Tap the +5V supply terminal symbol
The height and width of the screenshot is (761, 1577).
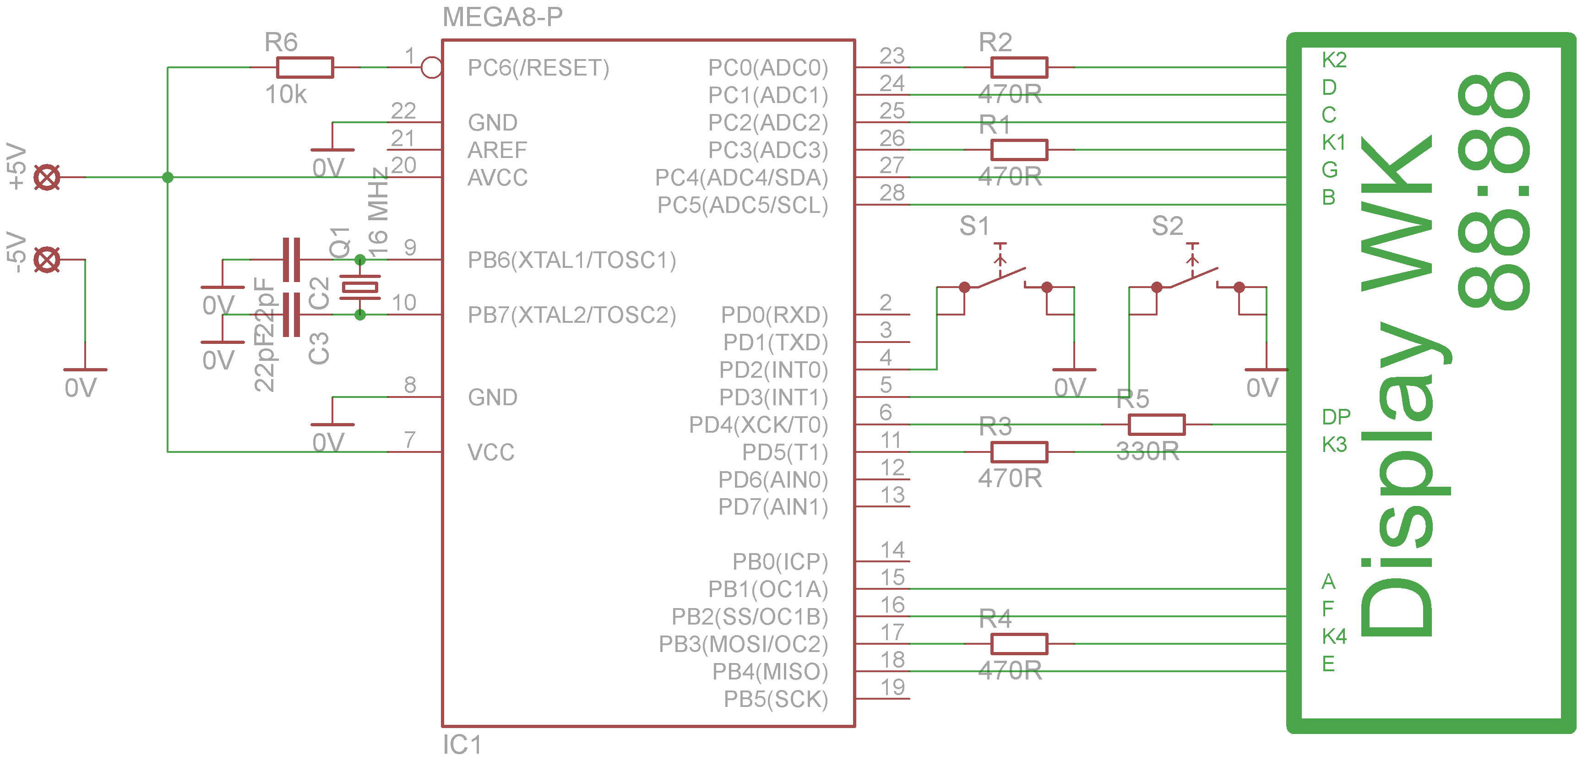(x=47, y=178)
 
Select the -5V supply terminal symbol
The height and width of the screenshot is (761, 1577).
(x=47, y=260)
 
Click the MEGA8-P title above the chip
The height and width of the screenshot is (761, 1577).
(x=502, y=17)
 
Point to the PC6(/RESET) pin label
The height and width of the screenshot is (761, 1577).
(x=538, y=68)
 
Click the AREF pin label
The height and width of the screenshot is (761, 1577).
(x=497, y=150)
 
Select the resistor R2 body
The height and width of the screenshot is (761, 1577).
(x=1019, y=67)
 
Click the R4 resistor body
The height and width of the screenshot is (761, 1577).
(x=1019, y=644)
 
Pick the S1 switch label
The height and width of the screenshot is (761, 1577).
(x=974, y=227)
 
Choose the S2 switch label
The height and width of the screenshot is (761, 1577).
(x=1167, y=227)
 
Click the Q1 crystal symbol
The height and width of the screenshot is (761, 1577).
(x=360, y=287)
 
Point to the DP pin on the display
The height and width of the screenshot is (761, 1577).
(x=1335, y=418)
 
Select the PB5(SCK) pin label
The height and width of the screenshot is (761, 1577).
(x=776, y=699)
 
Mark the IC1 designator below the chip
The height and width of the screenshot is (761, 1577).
(x=462, y=745)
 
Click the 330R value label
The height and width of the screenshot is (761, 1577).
(x=1147, y=452)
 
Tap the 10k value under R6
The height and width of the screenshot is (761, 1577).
(x=285, y=95)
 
